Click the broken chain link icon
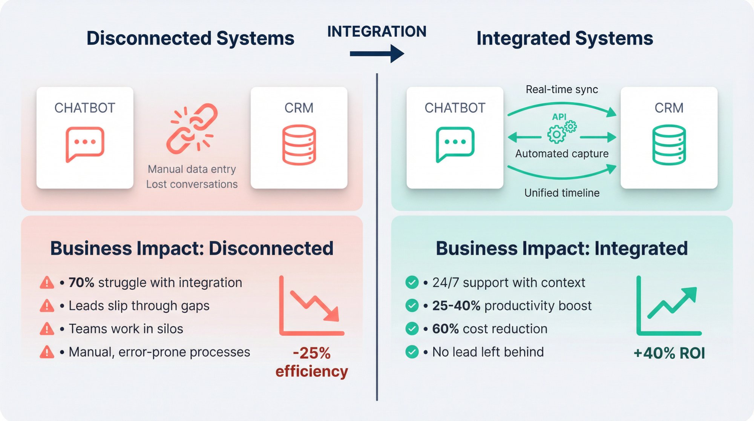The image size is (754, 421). point(192,128)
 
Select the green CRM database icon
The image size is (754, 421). point(669,145)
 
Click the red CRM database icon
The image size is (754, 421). point(299,145)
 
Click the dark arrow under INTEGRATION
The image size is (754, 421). point(377,54)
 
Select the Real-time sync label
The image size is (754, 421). point(562,89)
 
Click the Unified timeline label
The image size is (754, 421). point(562,193)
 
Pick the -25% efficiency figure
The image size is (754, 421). point(312,362)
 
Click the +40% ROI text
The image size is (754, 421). point(669,353)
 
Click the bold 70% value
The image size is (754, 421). point(81,283)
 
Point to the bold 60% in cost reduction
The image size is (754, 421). point(445,329)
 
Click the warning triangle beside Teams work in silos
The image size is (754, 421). point(47,329)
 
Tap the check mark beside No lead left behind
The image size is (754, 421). point(412,352)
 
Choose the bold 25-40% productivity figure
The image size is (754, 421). point(456,306)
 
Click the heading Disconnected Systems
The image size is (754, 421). point(190,38)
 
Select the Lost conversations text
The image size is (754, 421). point(192,184)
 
